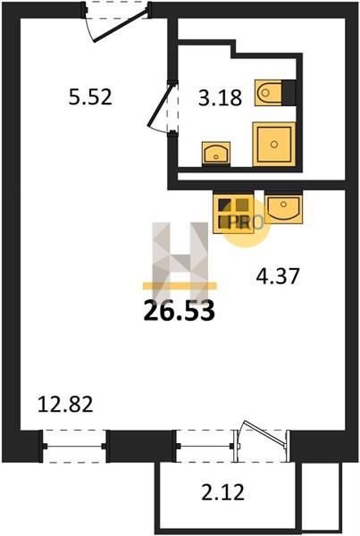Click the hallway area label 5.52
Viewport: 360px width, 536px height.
click(90, 96)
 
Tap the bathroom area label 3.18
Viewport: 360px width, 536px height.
click(221, 97)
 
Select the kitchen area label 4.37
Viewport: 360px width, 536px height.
click(278, 276)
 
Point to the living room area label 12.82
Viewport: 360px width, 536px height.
click(65, 404)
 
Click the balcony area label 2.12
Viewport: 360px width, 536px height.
click(223, 492)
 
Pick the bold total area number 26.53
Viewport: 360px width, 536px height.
click(180, 311)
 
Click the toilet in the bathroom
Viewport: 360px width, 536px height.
click(269, 92)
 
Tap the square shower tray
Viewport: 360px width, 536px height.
click(274, 144)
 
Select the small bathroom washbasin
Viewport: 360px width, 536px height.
click(215, 154)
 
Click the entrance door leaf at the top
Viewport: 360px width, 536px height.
click(121, 26)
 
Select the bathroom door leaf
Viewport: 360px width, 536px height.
click(160, 105)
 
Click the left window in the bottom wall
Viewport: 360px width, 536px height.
click(75, 446)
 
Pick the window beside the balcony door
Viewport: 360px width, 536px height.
click(205, 446)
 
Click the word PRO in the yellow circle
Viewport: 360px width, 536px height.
click(246, 222)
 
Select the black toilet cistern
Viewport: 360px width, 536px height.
click(289, 92)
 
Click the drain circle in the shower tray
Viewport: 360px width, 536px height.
click(274, 144)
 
